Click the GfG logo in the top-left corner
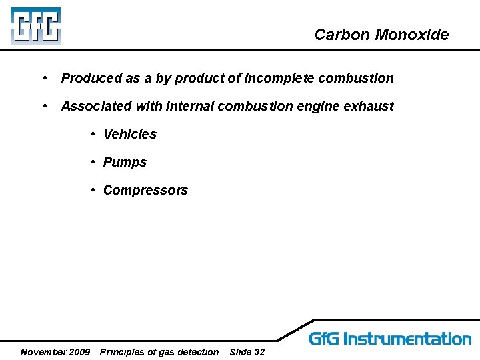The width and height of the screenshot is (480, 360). tap(35, 26)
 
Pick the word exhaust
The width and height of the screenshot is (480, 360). tap(369, 106)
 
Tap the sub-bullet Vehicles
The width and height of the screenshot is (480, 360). tap(130, 134)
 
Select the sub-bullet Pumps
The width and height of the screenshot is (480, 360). tap(125, 162)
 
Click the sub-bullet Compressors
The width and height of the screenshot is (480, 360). tap(145, 190)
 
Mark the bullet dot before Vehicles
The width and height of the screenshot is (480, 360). tap(94, 134)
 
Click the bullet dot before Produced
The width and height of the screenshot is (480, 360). tap(43, 78)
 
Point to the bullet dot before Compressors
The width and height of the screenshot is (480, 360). tap(94, 190)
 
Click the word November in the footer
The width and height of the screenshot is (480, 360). tap(44, 352)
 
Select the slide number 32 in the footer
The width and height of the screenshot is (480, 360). tap(259, 352)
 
